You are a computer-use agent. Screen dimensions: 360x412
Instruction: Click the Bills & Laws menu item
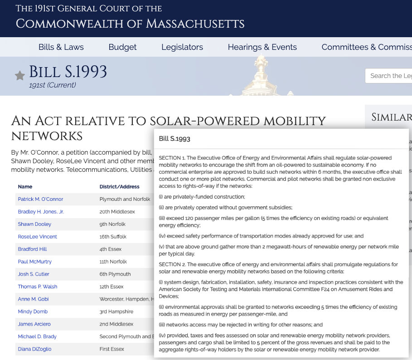[x=61, y=47]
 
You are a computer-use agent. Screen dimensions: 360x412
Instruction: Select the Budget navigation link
[x=122, y=47]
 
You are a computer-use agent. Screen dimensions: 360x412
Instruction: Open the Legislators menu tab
[x=182, y=47]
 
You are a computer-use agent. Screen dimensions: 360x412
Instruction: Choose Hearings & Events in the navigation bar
[x=262, y=47]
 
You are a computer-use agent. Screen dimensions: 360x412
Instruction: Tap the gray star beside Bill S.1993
[x=19, y=75]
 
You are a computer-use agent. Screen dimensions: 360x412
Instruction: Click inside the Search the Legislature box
[x=389, y=76]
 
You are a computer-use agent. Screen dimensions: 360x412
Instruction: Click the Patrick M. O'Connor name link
[x=40, y=199]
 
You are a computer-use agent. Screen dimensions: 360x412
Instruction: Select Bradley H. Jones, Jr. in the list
[x=41, y=212]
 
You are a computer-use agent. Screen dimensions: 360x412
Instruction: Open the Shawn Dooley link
[x=34, y=224]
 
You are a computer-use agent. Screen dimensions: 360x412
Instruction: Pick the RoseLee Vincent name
[x=37, y=237]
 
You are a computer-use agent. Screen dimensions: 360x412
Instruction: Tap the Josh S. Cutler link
[x=34, y=274]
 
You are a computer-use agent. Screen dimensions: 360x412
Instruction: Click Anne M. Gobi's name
[x=33, y=299]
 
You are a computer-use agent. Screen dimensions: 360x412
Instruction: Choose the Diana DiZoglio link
[x=34, y=349]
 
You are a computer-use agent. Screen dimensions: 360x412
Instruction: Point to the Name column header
[x=25, y=187]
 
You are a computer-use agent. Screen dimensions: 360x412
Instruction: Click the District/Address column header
[x=119, y=187]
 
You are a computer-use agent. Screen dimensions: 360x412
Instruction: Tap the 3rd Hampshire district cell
[x=116, y=311]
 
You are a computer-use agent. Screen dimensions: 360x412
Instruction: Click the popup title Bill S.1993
[x=174, y=139]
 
